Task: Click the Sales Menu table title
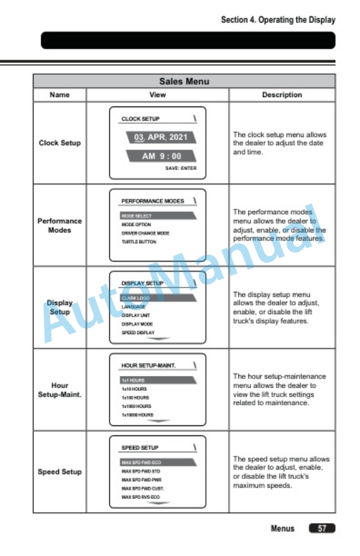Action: [184, 81]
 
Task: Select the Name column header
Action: [59, 95]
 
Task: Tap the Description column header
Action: [282, 95]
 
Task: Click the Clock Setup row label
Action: [59, 143]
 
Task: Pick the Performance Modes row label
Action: [59, 225]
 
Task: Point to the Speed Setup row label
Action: [59, 472]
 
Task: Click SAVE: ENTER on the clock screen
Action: [181, 168]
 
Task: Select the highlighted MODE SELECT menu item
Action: [136, 216]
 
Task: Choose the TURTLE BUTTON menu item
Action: [139, 242]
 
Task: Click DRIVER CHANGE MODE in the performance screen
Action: [145, 233]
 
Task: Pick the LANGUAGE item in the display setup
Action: [134, 307]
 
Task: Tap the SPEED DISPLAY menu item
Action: [137, 332]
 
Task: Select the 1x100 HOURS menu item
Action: [135, 398]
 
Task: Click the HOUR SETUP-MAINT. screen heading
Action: [148, 366]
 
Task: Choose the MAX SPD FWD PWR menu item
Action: [142, 480]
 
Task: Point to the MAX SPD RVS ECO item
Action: [141, 497]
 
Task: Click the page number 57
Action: [322, 528]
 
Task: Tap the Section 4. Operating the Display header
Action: [278, 20]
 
